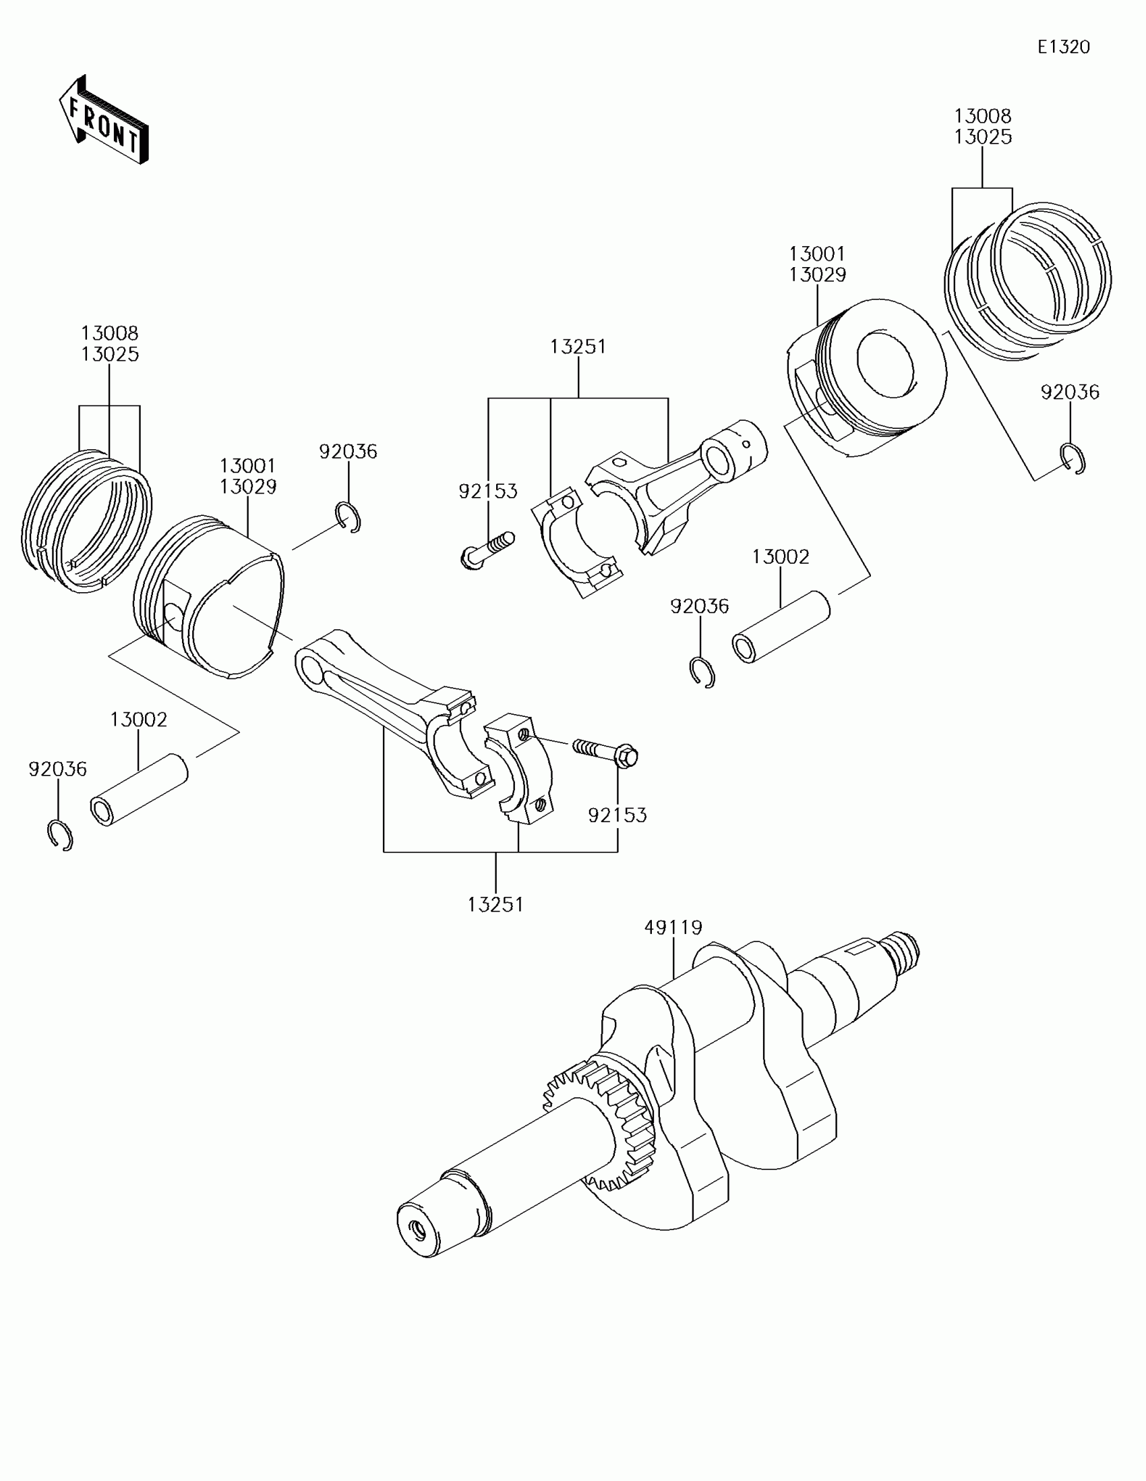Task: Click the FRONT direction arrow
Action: click(104, 120)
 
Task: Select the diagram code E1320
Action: click(1063, 47)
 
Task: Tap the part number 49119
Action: click(673, 927)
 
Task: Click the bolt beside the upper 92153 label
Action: click(486, 549)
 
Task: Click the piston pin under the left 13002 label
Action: click(139, 790)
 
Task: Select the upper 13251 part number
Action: click(578, 347)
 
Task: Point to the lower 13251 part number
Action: click(495, 904)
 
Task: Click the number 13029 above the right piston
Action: click(817, 274)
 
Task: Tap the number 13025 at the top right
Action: click(983, 137)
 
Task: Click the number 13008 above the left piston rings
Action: click(110, 333)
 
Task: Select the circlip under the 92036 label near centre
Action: click(349, 517)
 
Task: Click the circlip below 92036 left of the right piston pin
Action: click(702, 672)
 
